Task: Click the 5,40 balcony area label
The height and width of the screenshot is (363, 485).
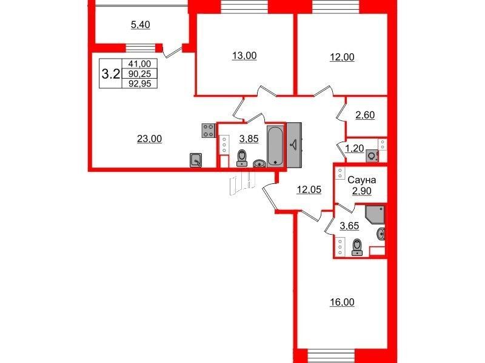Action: pyautogui.click(x=141, y=25)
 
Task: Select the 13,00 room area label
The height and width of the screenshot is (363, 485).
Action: pyautogui.click(x=244, y=56)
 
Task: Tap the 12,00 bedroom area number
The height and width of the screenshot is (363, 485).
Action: pyautogui.click(x=342, y=57)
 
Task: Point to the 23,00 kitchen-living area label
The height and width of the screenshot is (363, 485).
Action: pyautogui.click(x=149, y=139)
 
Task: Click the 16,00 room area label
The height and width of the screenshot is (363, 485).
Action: pyautogui.click(x=342, y=302)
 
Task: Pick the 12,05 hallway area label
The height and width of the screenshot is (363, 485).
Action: pyautogui.click(x=309, y=190)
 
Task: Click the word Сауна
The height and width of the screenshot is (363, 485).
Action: pyautogui.click(x=361, y=180)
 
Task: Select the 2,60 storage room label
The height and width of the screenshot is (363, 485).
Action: pyautogui.click(x=365, y=115)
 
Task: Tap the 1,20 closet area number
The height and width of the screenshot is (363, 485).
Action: pyautogui.click(x=355, y=149)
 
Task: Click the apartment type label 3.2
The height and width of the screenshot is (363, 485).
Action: pyautogui.click(x=111, y=74)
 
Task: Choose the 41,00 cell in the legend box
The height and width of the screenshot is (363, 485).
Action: pyautogui.click(x=139, y=64)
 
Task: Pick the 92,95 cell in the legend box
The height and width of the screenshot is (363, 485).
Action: pyautogui.click(x=139, y=83)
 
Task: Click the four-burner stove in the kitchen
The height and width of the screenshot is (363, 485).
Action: pyautogui.click(x=209, y=130)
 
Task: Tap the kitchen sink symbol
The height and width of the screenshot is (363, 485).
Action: pyautogui.click(x=196, y=160)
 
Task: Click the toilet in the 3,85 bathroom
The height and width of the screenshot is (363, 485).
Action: pyautogui.click(x=241, y=158)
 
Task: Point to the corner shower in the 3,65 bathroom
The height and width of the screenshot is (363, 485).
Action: pyautogui.click(x=375, y=215)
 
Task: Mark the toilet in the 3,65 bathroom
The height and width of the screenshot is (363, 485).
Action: pyautogui.click(x=357, y=247)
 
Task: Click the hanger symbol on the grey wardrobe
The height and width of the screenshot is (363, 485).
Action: pyautogui.click(x=294, y=144)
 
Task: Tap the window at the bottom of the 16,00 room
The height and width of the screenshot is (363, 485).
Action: pyautogui.click(x=331, y=354)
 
